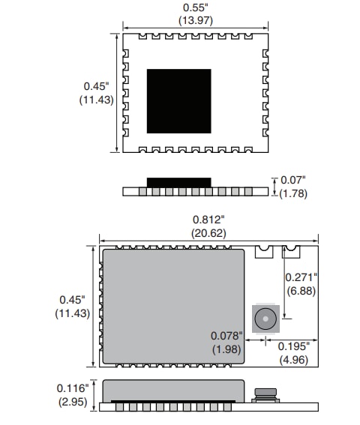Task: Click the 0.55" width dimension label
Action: pos(195,7)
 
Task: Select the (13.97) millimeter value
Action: pos(195,21)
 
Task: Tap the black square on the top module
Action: pos(179,100)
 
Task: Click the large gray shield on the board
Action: pos(173,306)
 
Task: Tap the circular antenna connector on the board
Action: pos(265,319)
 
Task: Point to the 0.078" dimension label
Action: pos(227,336)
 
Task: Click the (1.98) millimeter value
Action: pos(227,349)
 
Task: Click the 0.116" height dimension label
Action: pos(73,388)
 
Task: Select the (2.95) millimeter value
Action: pos(73,401)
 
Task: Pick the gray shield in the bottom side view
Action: pos(173,390)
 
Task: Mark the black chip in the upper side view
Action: pos(179,182)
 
